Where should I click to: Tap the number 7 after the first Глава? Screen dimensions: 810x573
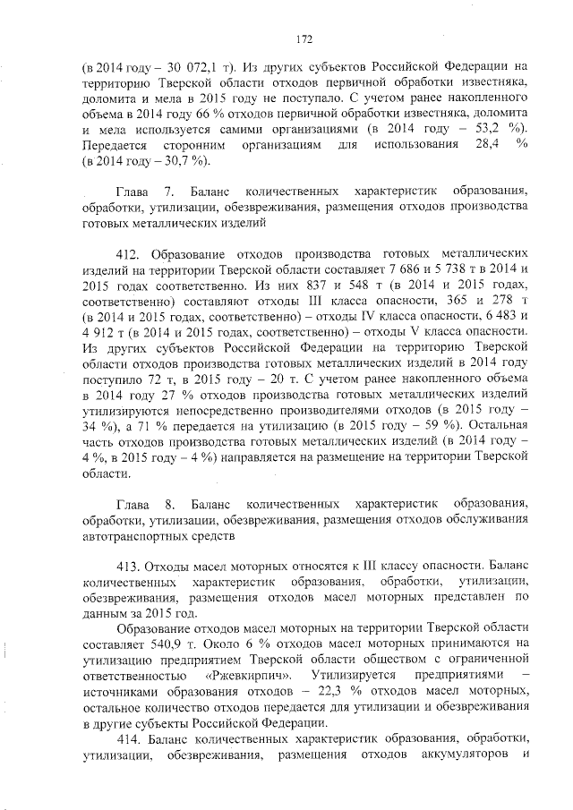[x=168, y=192]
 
